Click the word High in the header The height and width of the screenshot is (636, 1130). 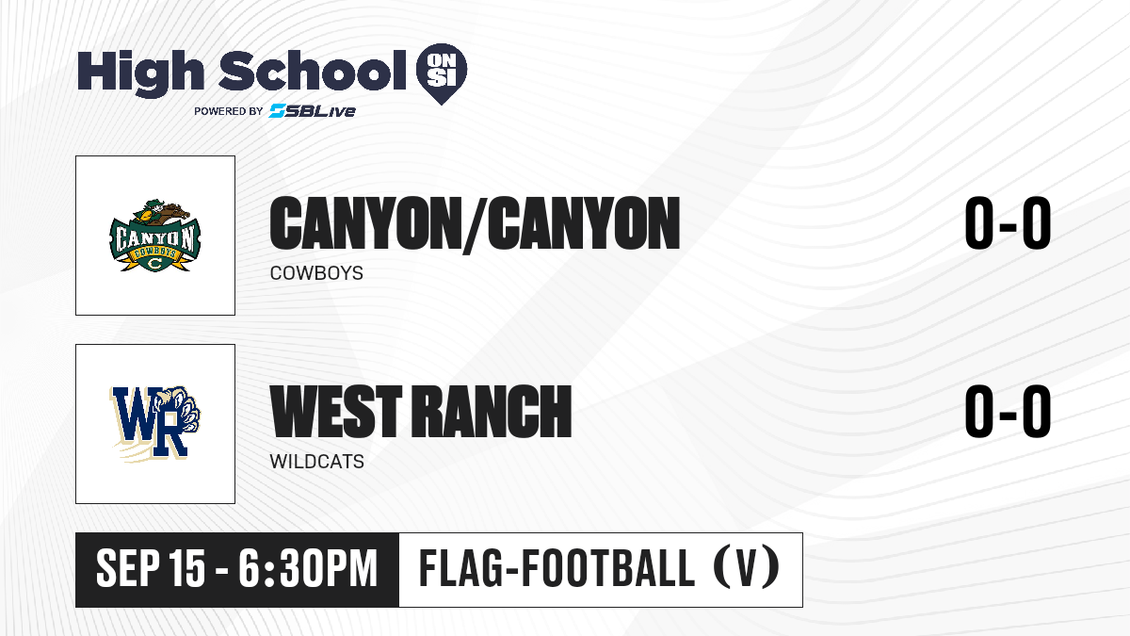[140, 73]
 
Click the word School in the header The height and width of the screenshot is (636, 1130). [313, 71]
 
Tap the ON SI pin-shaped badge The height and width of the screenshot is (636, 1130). [442, 73]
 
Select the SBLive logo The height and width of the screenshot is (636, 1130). [313, 111]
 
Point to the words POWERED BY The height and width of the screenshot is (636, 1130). [229, 111]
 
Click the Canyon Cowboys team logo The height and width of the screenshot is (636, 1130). [154, 236]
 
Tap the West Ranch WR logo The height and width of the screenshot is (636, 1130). [154, 423]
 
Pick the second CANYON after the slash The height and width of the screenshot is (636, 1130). [584, 223]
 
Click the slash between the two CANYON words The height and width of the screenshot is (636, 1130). [472, 225]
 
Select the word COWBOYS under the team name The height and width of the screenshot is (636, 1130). [316, 273]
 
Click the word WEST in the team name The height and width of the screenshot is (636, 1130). [336, 411]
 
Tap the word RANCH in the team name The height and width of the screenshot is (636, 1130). [492, 411]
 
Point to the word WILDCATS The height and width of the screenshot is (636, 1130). [316, 462]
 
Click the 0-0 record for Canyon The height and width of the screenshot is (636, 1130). [1008, 223]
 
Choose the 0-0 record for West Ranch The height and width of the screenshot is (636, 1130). [1008, 412]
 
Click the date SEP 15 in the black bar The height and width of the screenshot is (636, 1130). [151, 569]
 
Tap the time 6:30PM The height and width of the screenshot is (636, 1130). [308, 569]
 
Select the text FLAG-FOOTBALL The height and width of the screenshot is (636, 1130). [557, 568]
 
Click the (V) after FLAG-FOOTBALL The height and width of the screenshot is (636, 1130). [747, 568]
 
